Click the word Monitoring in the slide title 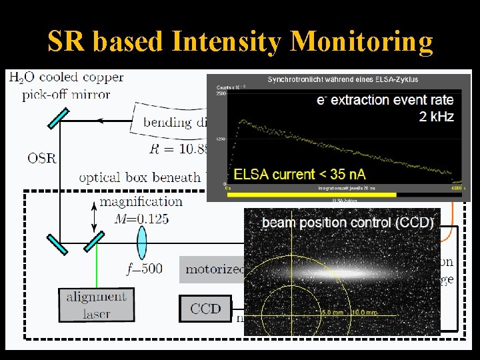363,42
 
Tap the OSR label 41,158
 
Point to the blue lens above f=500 142,241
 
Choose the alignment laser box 96,305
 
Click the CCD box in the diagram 205,308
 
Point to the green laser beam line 97,267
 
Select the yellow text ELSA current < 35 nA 299,174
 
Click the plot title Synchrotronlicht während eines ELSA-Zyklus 343,79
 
